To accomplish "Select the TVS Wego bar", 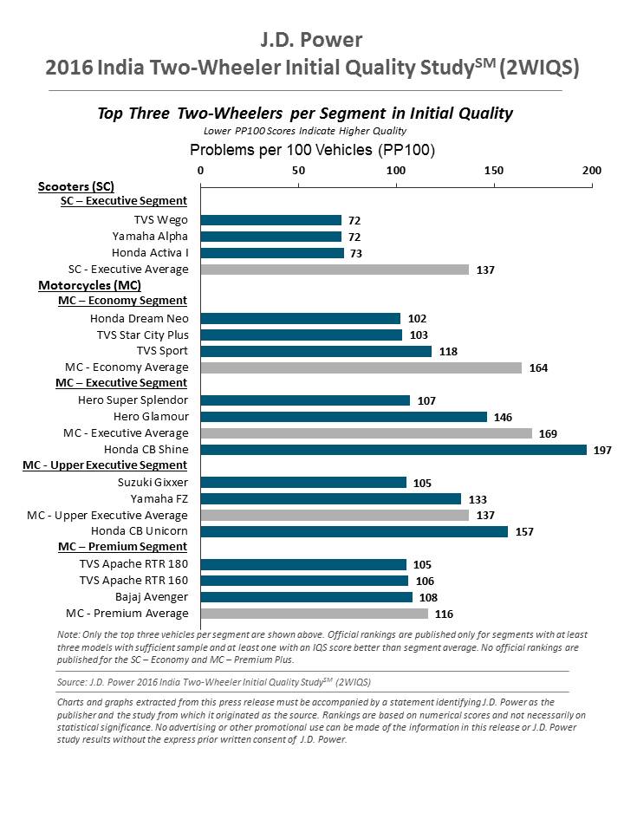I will click(271, 220).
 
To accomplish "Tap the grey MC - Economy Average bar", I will click(361, 367).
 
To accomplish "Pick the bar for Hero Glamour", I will click(344, 416).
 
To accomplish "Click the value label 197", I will click(603, 449).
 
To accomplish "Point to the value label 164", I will click(538, 367).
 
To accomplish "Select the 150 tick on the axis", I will click(494, 171).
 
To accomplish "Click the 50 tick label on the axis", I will click(299, 171).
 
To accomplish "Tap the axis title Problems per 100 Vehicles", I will click(312, 150).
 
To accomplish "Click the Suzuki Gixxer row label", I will click(153, 482).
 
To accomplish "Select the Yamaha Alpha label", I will click(150, 237).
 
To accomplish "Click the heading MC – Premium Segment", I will click(123, 547).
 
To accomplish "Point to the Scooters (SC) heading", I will click(76, 186).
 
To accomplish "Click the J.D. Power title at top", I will click(311, 40).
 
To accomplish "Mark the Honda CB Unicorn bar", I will click(354, 530).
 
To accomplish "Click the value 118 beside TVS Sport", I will click(447, 351).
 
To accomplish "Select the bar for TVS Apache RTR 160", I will click(304, 580).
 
